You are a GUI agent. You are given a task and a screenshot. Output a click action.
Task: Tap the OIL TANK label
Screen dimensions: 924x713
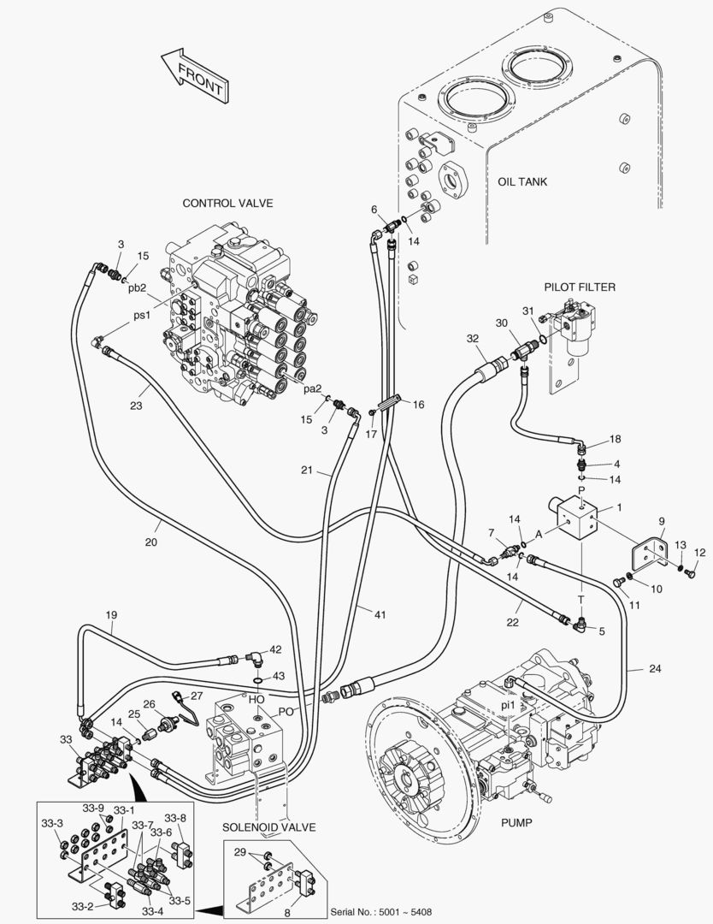521,181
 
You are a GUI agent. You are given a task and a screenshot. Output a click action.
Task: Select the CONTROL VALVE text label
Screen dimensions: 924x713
227,203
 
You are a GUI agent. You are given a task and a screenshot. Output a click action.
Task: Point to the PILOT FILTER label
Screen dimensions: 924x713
580,287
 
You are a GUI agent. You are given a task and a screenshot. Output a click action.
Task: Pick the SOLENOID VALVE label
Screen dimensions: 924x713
269,827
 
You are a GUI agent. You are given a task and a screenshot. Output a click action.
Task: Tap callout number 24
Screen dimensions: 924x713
654,669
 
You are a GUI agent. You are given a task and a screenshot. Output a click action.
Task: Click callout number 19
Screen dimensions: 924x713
111,615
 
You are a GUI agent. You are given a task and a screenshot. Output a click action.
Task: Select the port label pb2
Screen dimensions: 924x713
138,287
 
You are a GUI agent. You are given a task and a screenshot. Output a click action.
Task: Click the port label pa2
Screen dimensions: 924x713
313,388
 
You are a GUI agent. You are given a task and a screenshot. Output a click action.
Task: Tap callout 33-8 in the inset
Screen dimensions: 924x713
175,817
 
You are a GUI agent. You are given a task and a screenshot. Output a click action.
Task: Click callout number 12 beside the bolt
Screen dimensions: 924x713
699,552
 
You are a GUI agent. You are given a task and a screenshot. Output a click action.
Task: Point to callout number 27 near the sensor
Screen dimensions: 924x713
197,696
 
